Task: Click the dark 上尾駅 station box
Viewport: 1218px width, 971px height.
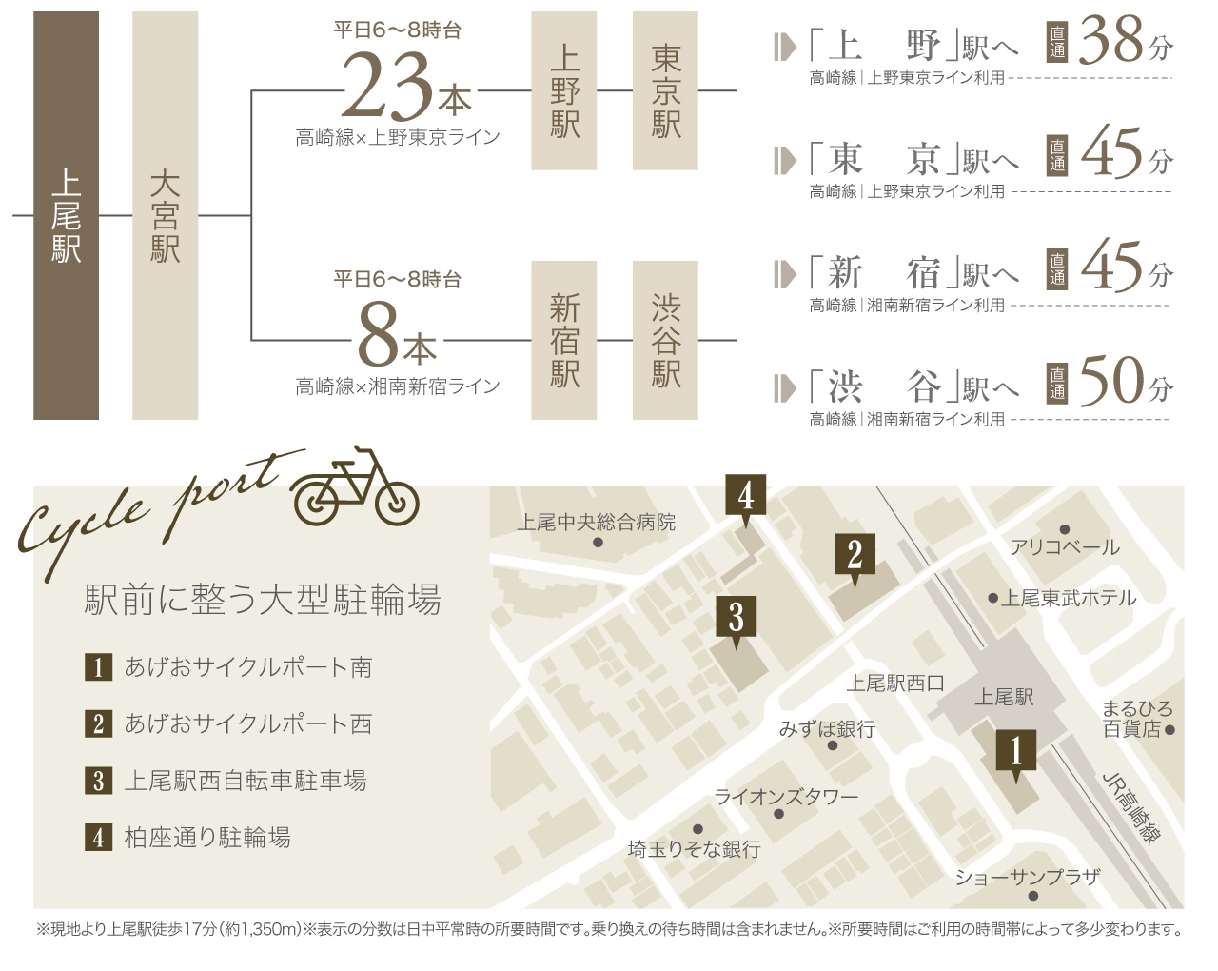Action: (66, 216)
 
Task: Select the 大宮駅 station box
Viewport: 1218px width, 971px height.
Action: (165, 216)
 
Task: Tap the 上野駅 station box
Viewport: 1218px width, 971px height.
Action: (564, 91)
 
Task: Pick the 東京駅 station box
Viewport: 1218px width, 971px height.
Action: (665, 91)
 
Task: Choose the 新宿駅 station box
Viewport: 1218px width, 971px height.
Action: (564, 340)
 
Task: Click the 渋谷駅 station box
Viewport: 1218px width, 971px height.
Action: (665, 340)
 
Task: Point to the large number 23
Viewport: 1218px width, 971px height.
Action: (388, 88)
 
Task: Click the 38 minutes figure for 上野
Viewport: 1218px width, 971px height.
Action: (1111, 42)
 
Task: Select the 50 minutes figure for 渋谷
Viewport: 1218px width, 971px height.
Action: (1111, 382)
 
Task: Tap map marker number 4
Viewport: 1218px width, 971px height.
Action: (745, 495)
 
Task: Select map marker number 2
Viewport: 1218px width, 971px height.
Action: (855, 554)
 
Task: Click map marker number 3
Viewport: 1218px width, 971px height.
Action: (736, 617)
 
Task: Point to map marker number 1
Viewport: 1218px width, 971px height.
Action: (1015, 750)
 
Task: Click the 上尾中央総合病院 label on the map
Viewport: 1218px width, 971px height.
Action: (597, 523)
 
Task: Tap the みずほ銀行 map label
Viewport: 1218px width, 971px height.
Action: (827, 729)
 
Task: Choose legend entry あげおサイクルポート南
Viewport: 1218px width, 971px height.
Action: (247, 667)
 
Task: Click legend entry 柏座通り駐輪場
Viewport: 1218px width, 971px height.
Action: (207, 838)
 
